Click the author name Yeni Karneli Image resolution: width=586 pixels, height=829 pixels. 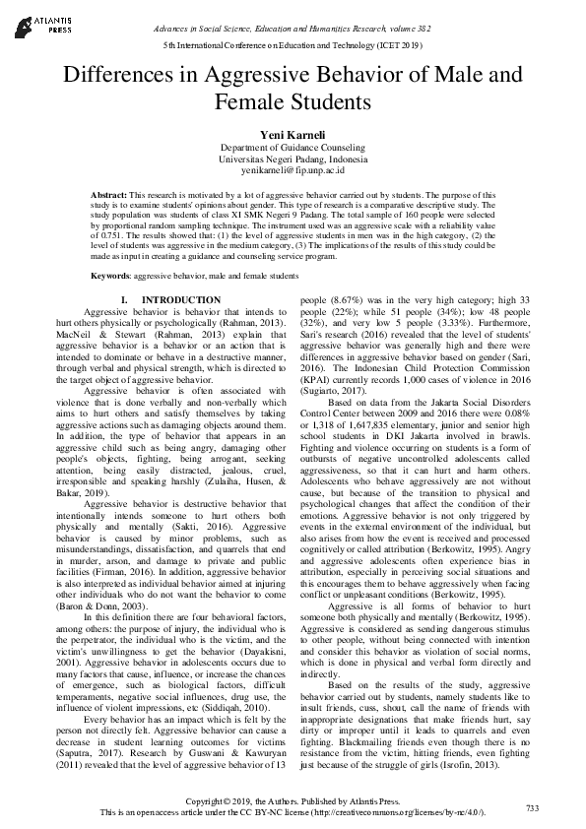tap(293, 133)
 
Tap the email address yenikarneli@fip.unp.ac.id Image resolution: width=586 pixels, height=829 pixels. tap(293, 170)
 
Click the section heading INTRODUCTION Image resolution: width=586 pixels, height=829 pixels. tap(181, 299)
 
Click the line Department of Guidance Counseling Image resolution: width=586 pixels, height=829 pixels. tap(293, 147)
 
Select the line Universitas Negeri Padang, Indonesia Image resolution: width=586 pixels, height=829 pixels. tap(293, 159)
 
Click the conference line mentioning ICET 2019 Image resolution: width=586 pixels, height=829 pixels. tap(293, 46)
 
